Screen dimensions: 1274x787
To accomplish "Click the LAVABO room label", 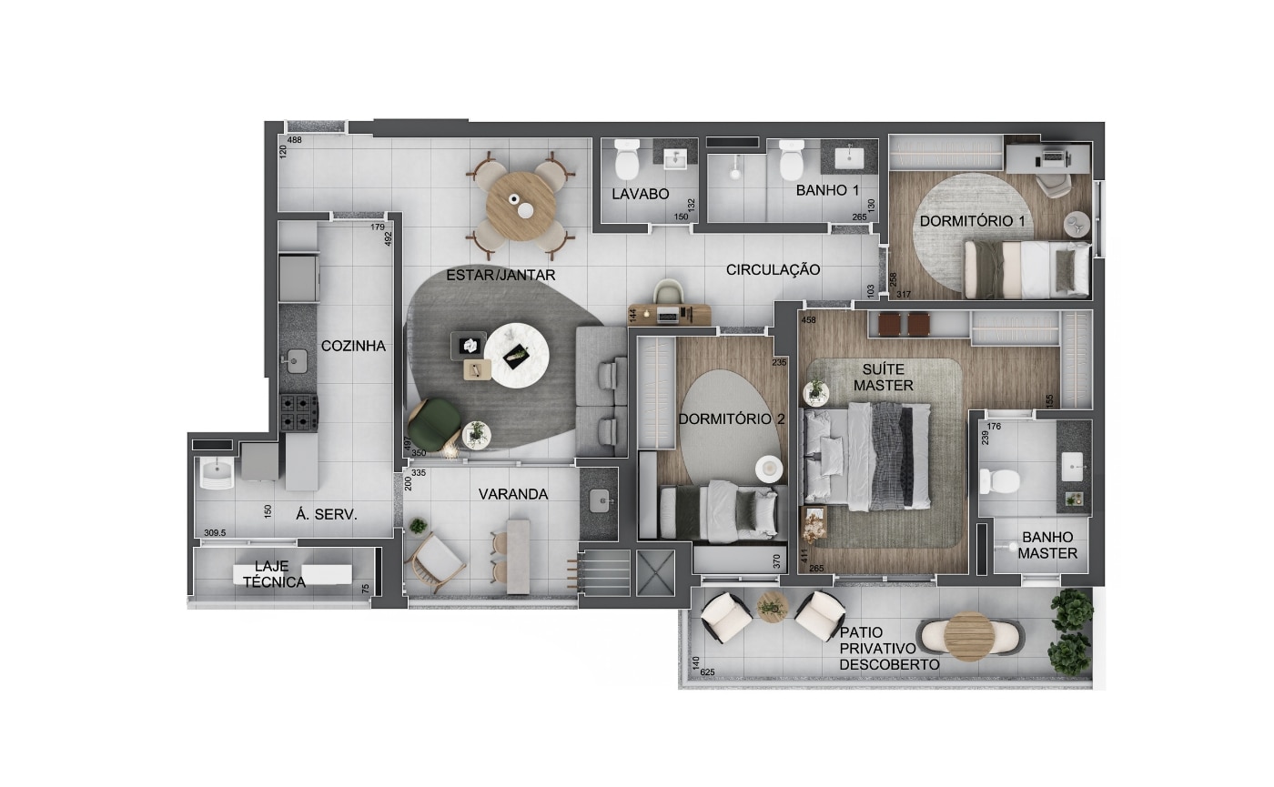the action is [x=640, y=194].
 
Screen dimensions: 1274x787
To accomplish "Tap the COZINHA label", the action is [x=353, y=346].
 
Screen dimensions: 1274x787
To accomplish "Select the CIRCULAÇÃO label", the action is [x=773, y=269].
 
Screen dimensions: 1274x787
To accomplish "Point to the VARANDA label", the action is [x=513, y=494].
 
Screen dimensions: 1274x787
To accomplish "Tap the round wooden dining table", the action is [x=521, y=207].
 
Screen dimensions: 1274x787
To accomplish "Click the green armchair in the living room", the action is [x=435, y=424].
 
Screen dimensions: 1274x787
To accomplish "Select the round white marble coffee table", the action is [x=517, y=356].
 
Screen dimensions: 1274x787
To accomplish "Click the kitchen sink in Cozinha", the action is [x=296, y=361].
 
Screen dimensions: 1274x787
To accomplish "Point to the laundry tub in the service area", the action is [x=217, y=474].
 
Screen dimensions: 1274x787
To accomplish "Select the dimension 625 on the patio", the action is [x=708, y=672].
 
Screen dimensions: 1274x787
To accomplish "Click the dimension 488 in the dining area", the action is [x=295, y=140].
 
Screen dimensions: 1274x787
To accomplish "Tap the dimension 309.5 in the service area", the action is [x=215, y=533].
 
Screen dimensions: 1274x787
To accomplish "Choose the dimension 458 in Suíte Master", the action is [x=808, y=320].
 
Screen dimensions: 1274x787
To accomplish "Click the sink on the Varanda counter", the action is [x=600, y=501].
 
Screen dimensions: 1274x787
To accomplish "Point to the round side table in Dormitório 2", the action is [x=768, y=468].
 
